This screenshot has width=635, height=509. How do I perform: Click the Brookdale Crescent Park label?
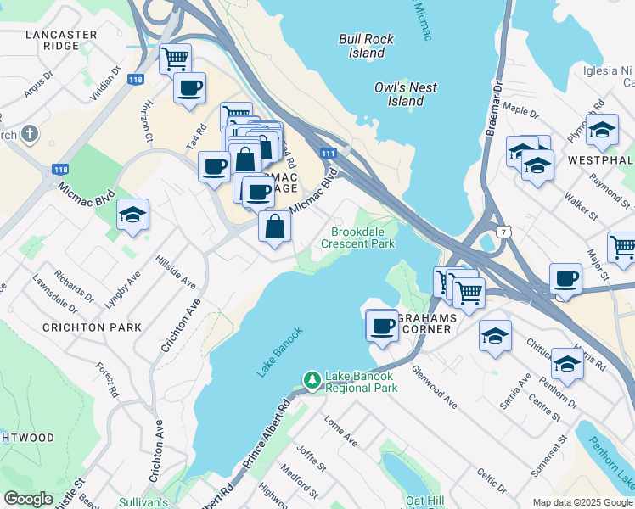[357, 238]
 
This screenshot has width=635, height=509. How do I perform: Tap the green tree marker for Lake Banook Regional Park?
[312, 381]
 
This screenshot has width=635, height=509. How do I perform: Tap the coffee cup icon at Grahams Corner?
[381, 325]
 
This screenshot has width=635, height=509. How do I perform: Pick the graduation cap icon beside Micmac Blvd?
[132, 216]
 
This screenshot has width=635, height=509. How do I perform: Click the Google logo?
[28, 498]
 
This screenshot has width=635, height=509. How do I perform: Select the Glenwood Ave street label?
[434, 387]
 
